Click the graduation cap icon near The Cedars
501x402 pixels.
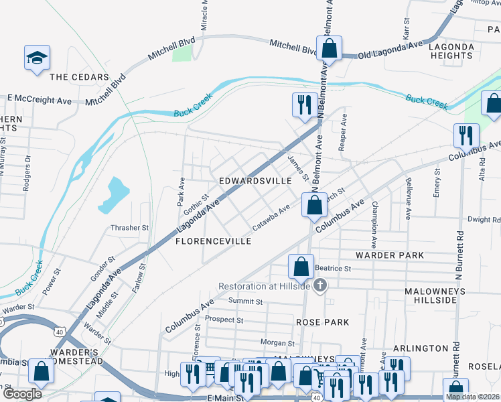pyautogui.click(x=38, y=59)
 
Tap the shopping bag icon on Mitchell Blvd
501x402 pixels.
pyautogui.click(x=329, y=48)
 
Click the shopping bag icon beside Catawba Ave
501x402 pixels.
pyautogui.click(x=314, y=204)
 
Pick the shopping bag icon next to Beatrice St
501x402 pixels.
pyautogui.click(x=301, y=266)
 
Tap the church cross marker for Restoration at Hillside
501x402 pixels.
pyautogui.click(x=320, y=286)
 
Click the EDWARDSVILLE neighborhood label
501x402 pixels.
pyautogui.click(x=255, y=181)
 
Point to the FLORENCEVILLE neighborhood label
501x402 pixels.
pyautogui.click(x=213, y=241)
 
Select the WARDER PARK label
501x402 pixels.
pyautogui.click(x=390, y=255)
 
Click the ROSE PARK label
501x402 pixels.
pyautogui.click(x=323, y=322)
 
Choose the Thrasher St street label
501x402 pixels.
pyautogui.click(x=130, y=228)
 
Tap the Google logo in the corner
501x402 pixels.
pyautogui.click(x=21, y=393)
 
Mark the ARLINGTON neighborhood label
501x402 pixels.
pyautogui.click(x=421, y=348)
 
